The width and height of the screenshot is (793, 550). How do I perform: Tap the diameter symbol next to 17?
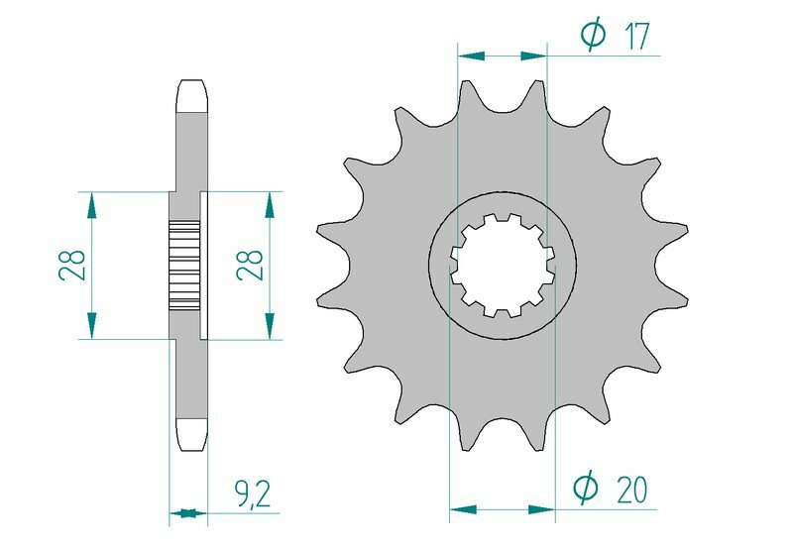pyautogui.click(x=593, y=37)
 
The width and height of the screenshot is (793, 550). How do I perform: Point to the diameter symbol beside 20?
pyautogui.click(x=587, y=489)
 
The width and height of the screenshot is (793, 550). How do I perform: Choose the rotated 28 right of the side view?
pyautogui.click(x=253, y=265)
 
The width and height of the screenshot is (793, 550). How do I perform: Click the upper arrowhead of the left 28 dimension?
pyautogui.click(x=91, y=204)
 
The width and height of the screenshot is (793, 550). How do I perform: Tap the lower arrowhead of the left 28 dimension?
pyautogui.click(x=91, y=325)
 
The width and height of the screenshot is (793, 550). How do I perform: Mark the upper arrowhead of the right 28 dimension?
pyautogui.click(x=268, y=204)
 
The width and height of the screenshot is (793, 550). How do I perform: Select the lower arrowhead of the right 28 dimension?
pyautogui.click(x=268, y=325)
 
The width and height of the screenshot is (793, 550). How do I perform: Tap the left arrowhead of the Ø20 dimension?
pyautogui.click(x=463, y=511)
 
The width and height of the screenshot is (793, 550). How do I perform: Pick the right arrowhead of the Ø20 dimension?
pyautogui.click(x=541, y=511)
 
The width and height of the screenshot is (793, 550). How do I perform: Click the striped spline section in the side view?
pyautogui.click(x=184, y=265)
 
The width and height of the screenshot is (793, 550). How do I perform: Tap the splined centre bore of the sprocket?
pyautogui.click(x=502, y=265)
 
